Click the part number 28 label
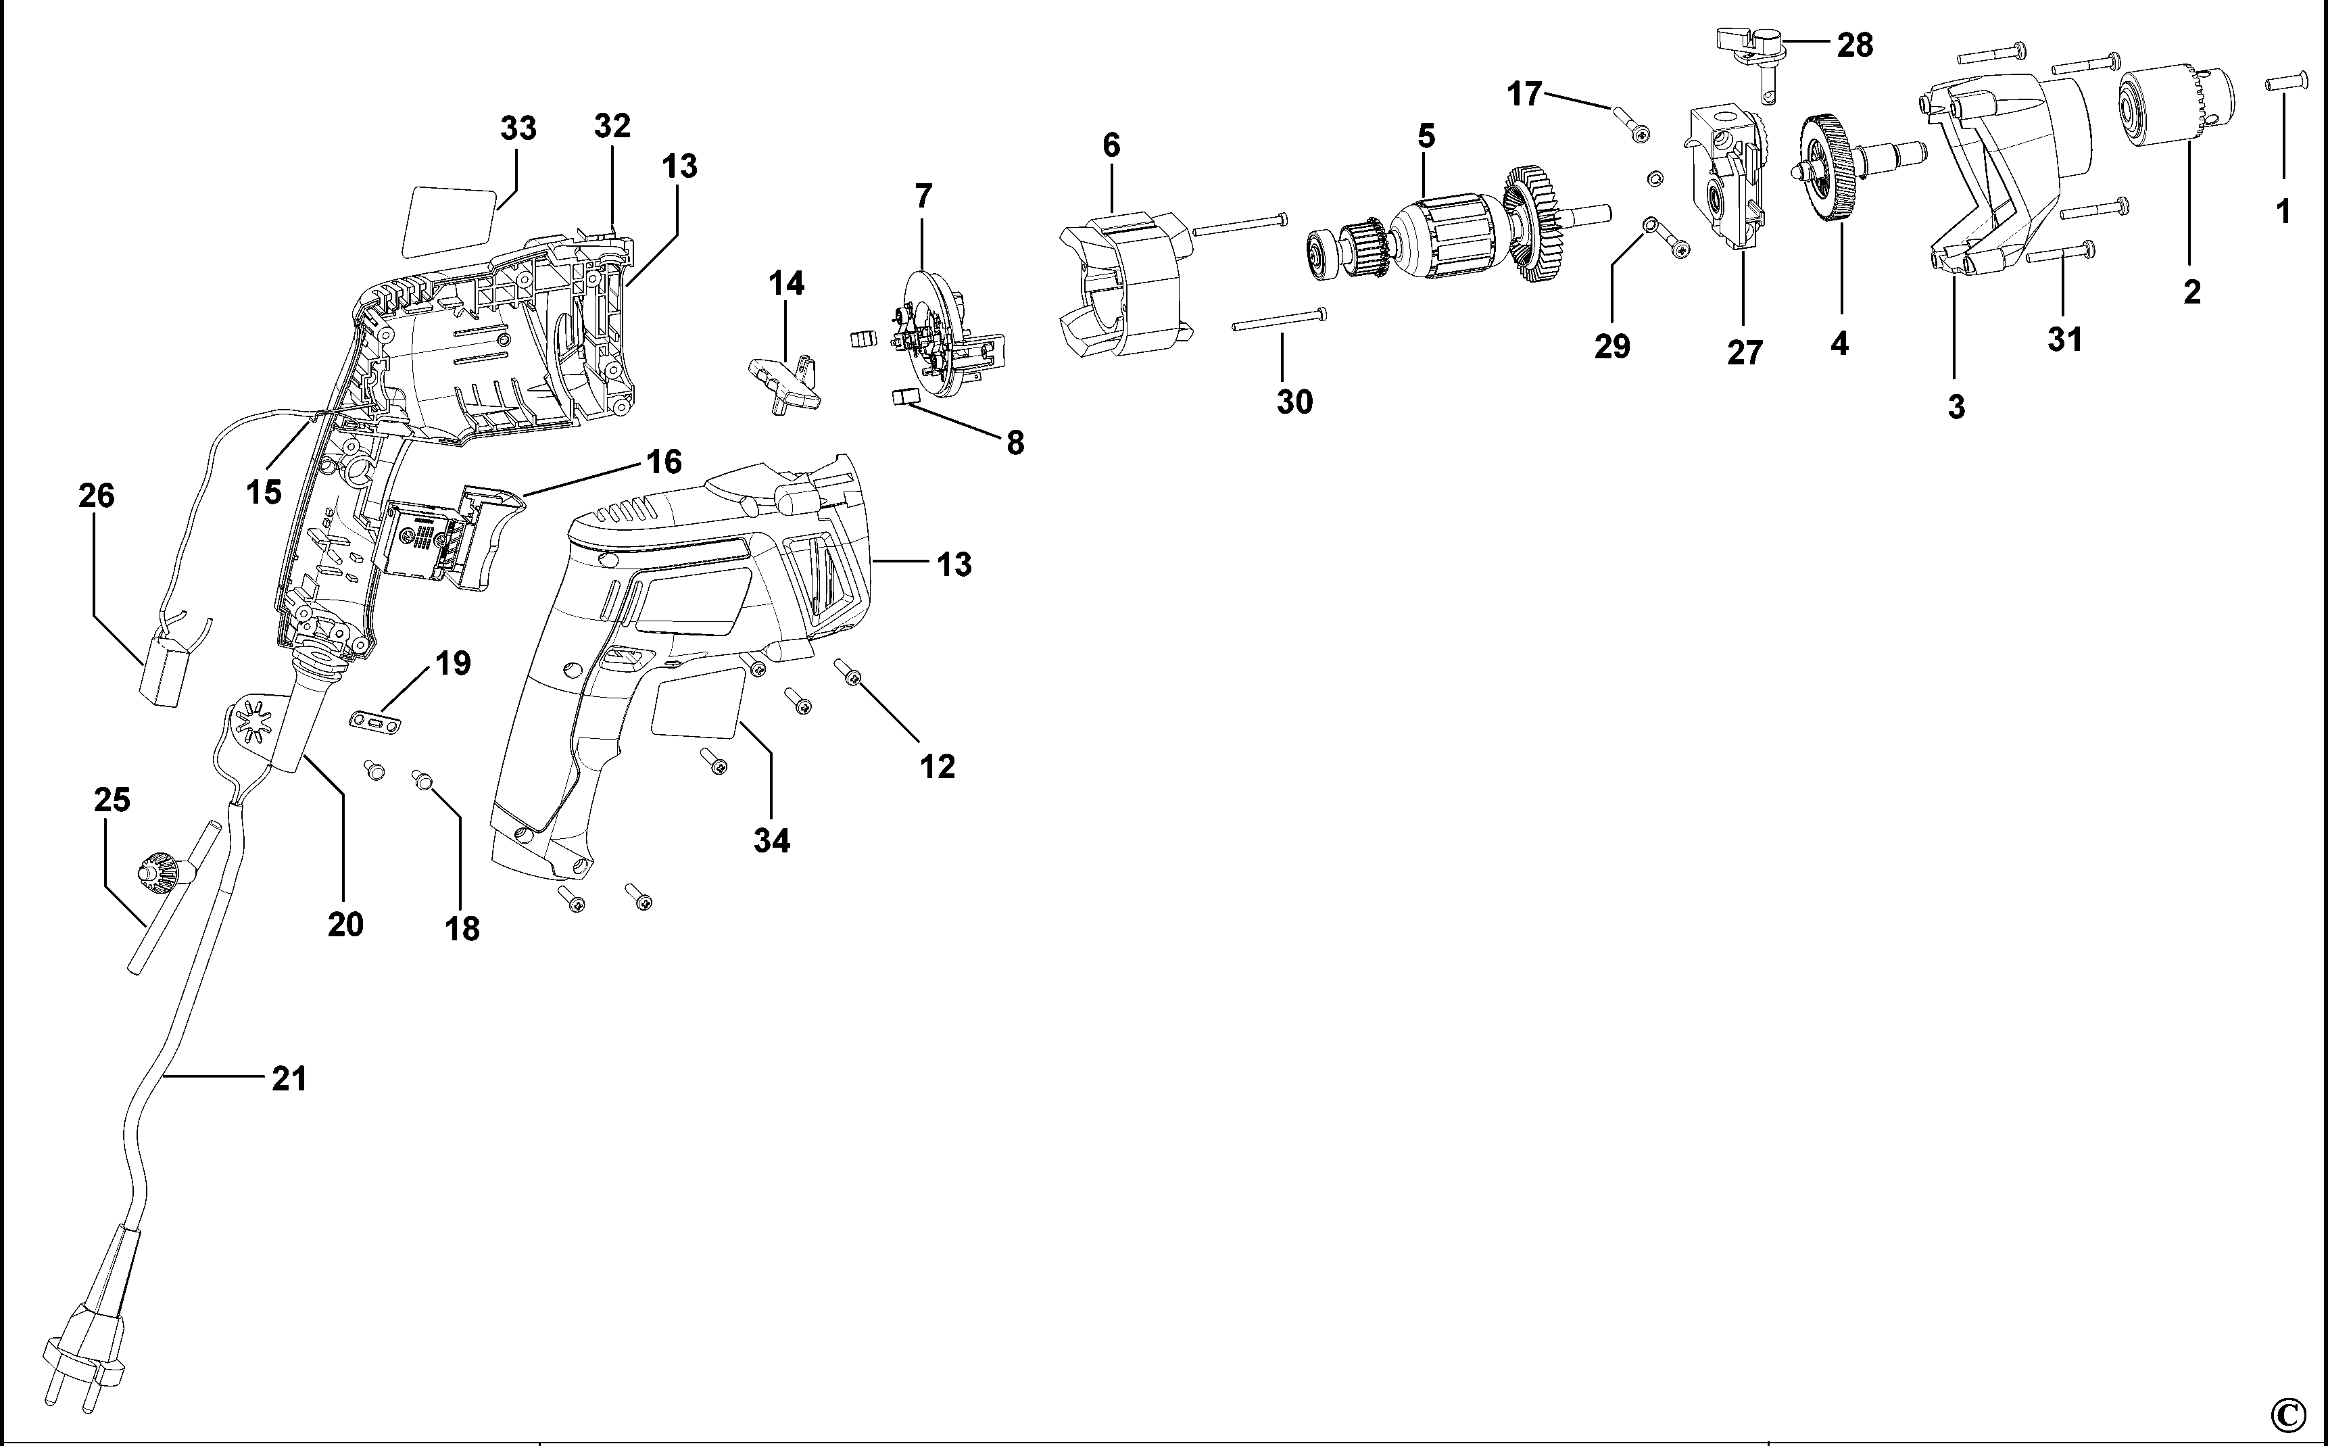click(1855, 45)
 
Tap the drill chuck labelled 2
click(2177, 120)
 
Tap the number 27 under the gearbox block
click(1744, 353)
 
